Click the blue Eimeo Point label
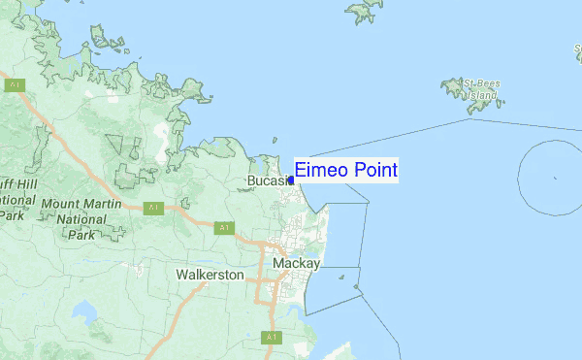pyautogui.click(x=345, y=171)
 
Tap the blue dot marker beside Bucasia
pyautogui.click(x=291, y=180)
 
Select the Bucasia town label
pyautogui.click(x=269, y=181)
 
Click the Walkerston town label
pyautogui.click(x=210, y=275)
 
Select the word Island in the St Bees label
pyautogui.click(x=481, y=96)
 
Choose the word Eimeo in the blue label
pyautogui.click(x=320, y=171)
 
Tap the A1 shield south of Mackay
pyautogui.click(x=271, y=337)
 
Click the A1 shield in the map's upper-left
pyautogui.click(x=15, y=85)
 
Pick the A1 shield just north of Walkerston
pyautogui.click(x=224, y=227)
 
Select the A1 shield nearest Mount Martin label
pyautogui.click(x=152, y=208)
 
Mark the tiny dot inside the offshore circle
pyautogui.click(x=555, y=178)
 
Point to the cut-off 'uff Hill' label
pyautogui.click(x=17, y=182)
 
